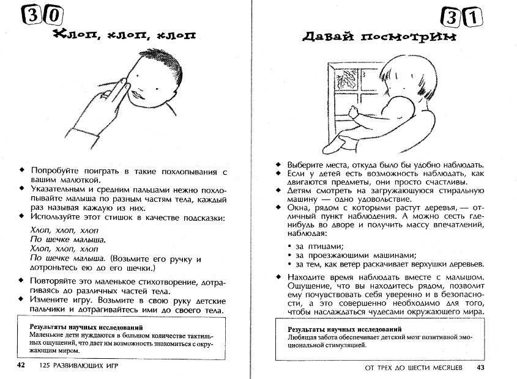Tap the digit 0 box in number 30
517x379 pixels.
click(x=38, y=13)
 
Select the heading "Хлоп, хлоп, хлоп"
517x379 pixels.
click(x=125, y=36)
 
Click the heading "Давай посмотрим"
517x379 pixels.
click(x=379, y=38)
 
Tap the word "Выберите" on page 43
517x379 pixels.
click(x=303, y=165)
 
